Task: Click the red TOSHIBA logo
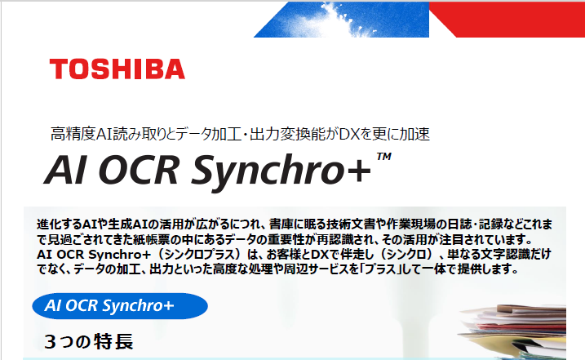pyautogui.click(x=117, y=69)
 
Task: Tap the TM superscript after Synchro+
pyautogui.click(x=384, y=156)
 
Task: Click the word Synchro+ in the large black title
pyautogui.click(x=281, y=171)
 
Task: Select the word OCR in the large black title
pyautogui.click(x=139, y=170)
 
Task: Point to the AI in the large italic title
pyautogui.click(x=65, y=170)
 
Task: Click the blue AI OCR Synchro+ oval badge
pyautogui.click(x=120, y=306)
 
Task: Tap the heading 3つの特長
pyautogui.click(x=88, y=341)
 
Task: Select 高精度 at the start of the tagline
pyautogui.click(x=73, y=134)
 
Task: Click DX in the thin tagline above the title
pyautogui.click(x=349, y=134)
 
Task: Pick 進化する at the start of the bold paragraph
pyautogui.click(x=60, y=224)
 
